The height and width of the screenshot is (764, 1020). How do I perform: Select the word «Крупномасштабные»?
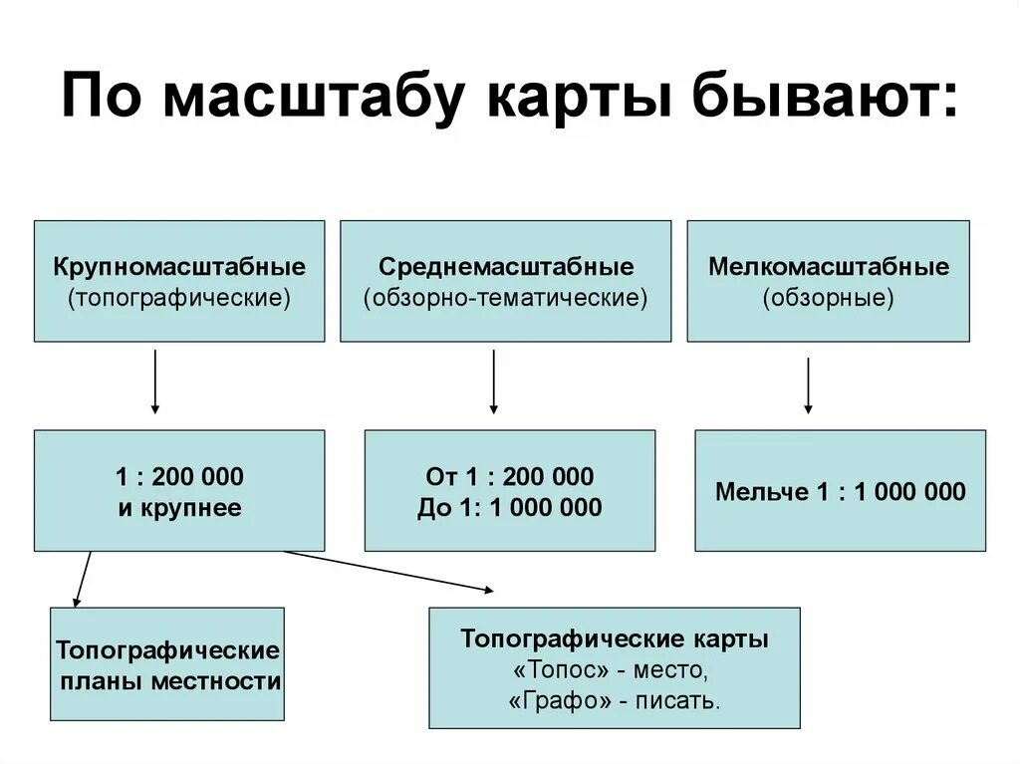[179, 267]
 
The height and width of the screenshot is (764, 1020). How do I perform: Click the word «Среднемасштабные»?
[506, 267]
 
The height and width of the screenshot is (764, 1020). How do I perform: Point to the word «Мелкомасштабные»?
[829, 267]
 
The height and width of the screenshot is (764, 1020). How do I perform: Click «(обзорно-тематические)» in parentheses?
[506, 297]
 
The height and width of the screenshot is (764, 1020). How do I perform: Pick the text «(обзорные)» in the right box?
[829, 297]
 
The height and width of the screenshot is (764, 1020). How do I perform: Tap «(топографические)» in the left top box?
[179, 297]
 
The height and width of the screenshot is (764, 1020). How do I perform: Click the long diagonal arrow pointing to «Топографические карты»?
[388, 571]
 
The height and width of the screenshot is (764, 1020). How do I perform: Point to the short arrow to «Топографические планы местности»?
[83, 579]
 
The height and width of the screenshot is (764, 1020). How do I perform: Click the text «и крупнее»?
[179, 508]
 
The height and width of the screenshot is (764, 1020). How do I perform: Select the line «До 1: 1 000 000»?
[510, 508]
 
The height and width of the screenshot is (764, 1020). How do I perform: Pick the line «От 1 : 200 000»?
[510, 476]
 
